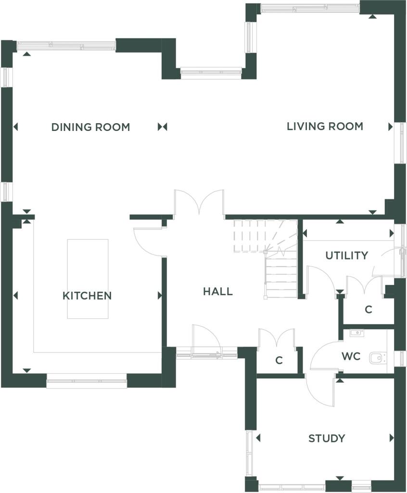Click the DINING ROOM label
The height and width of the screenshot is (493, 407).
tap(90, 127)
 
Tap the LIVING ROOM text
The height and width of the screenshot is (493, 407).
tap(325, 127)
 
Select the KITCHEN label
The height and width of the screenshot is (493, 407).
tap(87, 296)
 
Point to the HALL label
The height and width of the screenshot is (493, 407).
tap(218, 291)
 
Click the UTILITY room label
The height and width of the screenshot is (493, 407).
tap(347, 256)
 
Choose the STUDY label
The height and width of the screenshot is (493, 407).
tap(327, 438)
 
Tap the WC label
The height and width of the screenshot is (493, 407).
tap(351, 357)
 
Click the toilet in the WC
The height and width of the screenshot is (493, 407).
tap(378, 358)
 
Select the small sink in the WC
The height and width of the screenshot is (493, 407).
tap(356, 333)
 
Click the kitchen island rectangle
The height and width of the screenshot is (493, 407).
tap(88, 279)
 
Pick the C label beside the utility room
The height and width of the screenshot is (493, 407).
tap(369, 310)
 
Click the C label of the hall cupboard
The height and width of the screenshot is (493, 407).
tap(279, 360)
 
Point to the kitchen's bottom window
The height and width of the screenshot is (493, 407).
tap(87, 381)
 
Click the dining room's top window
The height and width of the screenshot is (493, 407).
tap(66, 46)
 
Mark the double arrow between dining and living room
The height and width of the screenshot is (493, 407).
tap(163, 127)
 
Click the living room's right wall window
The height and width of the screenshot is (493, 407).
tap(401, 143)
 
